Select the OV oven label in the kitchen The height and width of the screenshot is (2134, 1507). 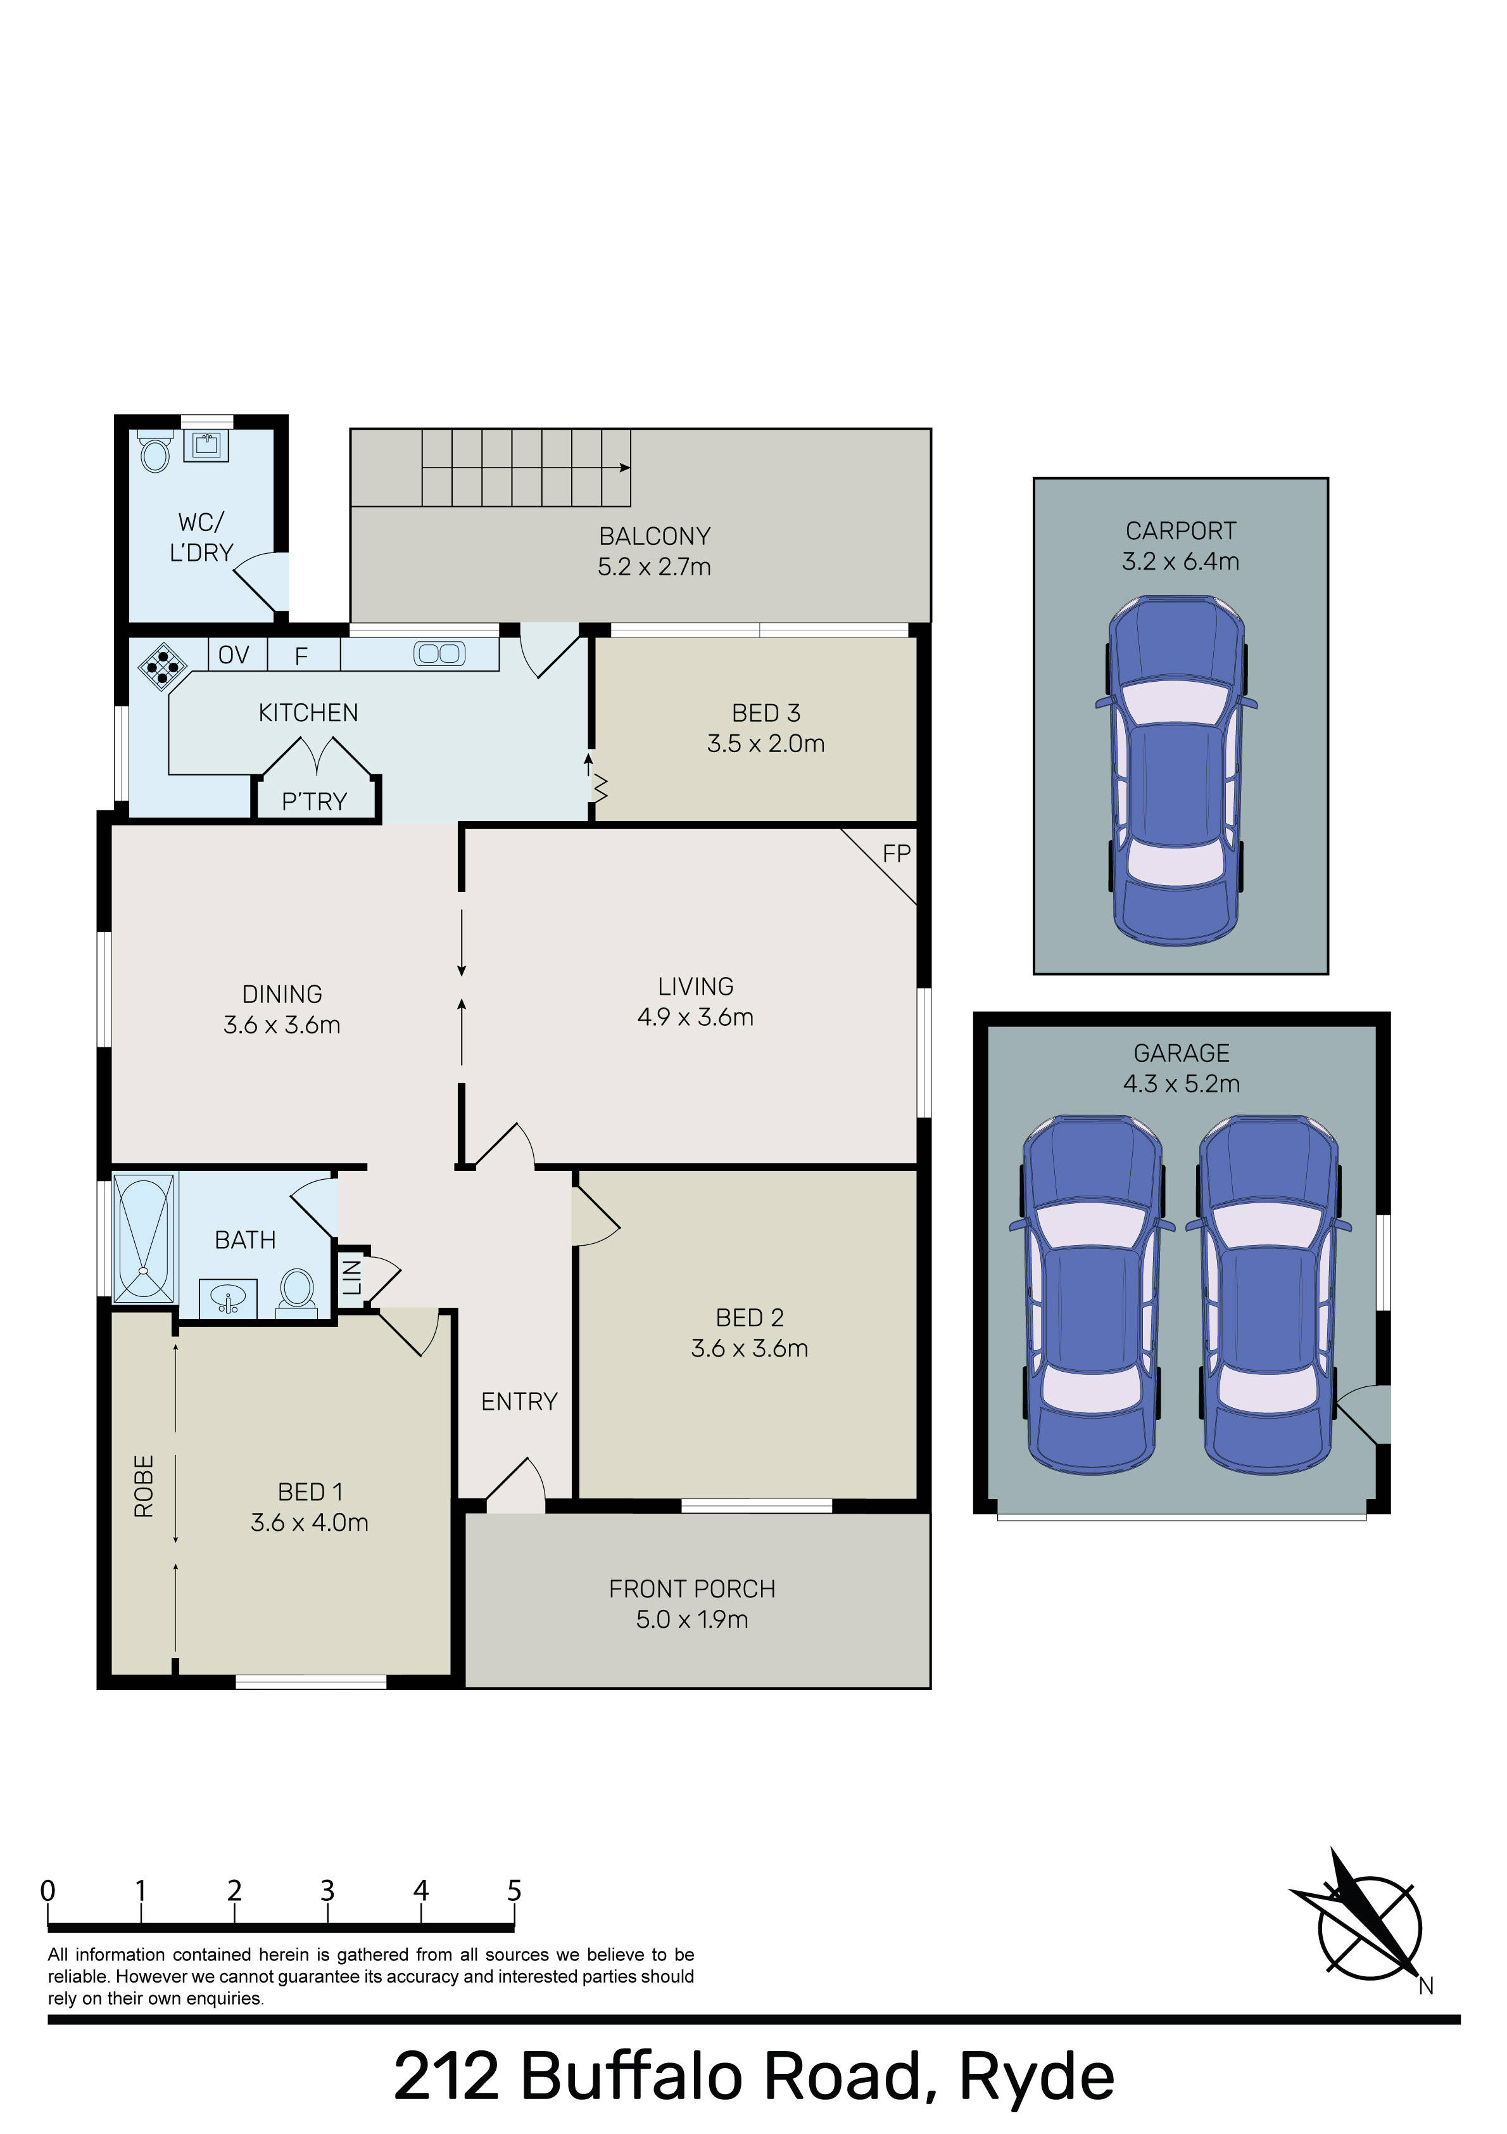233,655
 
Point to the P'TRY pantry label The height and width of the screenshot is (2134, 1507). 314,801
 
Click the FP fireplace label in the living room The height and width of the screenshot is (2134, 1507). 896,853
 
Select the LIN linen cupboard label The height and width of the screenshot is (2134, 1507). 352,1278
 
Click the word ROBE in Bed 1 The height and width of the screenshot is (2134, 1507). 144,1486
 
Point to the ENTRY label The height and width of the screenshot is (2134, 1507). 519,1402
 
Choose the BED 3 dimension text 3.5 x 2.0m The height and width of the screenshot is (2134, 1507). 766,744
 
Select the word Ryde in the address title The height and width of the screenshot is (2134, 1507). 1036,2078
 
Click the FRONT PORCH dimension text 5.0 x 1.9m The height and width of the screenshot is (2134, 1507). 692,1619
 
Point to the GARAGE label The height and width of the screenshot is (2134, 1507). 1181,1053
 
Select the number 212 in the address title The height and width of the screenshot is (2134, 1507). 447,2078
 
